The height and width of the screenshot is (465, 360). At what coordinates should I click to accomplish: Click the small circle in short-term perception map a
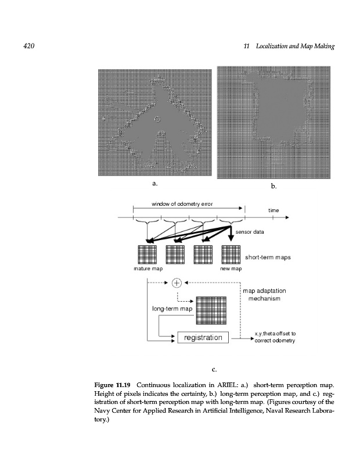157,119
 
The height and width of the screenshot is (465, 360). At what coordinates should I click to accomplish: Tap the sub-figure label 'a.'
154,184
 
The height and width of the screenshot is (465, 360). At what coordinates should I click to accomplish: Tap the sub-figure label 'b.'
274,187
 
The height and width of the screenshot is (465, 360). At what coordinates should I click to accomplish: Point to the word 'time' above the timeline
273,210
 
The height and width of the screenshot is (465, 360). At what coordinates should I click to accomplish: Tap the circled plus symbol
177,283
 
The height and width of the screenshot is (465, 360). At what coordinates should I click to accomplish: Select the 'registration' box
203,338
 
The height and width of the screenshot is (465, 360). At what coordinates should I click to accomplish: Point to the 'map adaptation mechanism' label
264,294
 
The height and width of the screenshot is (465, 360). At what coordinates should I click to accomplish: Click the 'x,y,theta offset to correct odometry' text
276,337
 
